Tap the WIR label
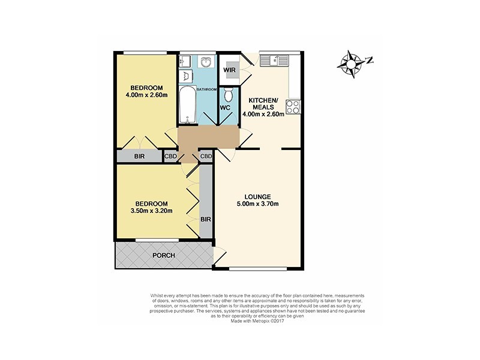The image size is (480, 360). click(x=229, y=70)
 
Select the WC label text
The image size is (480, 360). click(x=225, y=108)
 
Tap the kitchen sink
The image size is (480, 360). click(x=278, y=59)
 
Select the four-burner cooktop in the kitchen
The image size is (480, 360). click(x=293, y=107)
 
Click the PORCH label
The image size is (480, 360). click(x=163, y=256)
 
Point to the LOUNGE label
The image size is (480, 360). click(x=258, y=197)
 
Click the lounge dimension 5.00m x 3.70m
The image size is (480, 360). click(x=258, y=205)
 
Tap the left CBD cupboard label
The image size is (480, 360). click(x=170, y=157)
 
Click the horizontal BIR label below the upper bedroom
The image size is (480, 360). click(x=139, y=157)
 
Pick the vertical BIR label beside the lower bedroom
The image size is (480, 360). click(x=206, y=220)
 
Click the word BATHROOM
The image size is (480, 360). click(x=204, y=89)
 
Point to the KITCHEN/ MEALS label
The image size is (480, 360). click(x=263, y=103)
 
